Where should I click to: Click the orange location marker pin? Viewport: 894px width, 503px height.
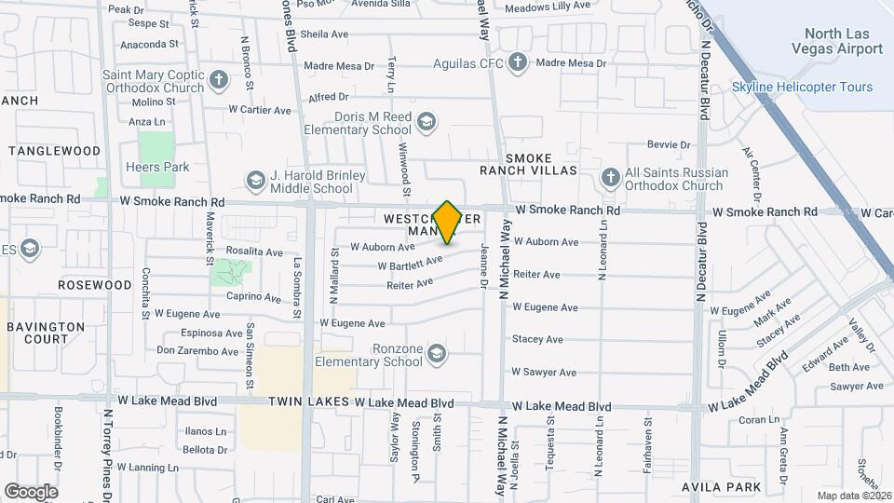pos(447,222)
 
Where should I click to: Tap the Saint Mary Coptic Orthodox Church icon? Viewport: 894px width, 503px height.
pos(219,78)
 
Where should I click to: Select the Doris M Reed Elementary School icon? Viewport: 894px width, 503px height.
pos(427,121)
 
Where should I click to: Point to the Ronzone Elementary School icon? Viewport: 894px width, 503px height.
pos(437,352)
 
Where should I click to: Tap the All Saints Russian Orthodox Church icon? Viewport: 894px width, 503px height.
pos(610,176)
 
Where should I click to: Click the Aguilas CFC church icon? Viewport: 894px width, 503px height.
pos(518,63)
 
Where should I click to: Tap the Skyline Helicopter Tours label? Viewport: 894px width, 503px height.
pos(802,87)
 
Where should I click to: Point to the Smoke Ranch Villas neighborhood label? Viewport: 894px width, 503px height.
pos(541,164)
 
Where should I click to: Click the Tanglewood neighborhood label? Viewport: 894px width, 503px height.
pos(54,151)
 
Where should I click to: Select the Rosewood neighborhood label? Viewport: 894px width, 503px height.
pos(95,284)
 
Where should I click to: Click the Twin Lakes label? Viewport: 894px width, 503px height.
pos(309,403)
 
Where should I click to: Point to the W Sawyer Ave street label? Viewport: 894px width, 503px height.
pos(544,373)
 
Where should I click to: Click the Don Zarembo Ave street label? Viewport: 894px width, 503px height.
pos(197,351)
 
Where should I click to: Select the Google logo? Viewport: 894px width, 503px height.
pos(31,492)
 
